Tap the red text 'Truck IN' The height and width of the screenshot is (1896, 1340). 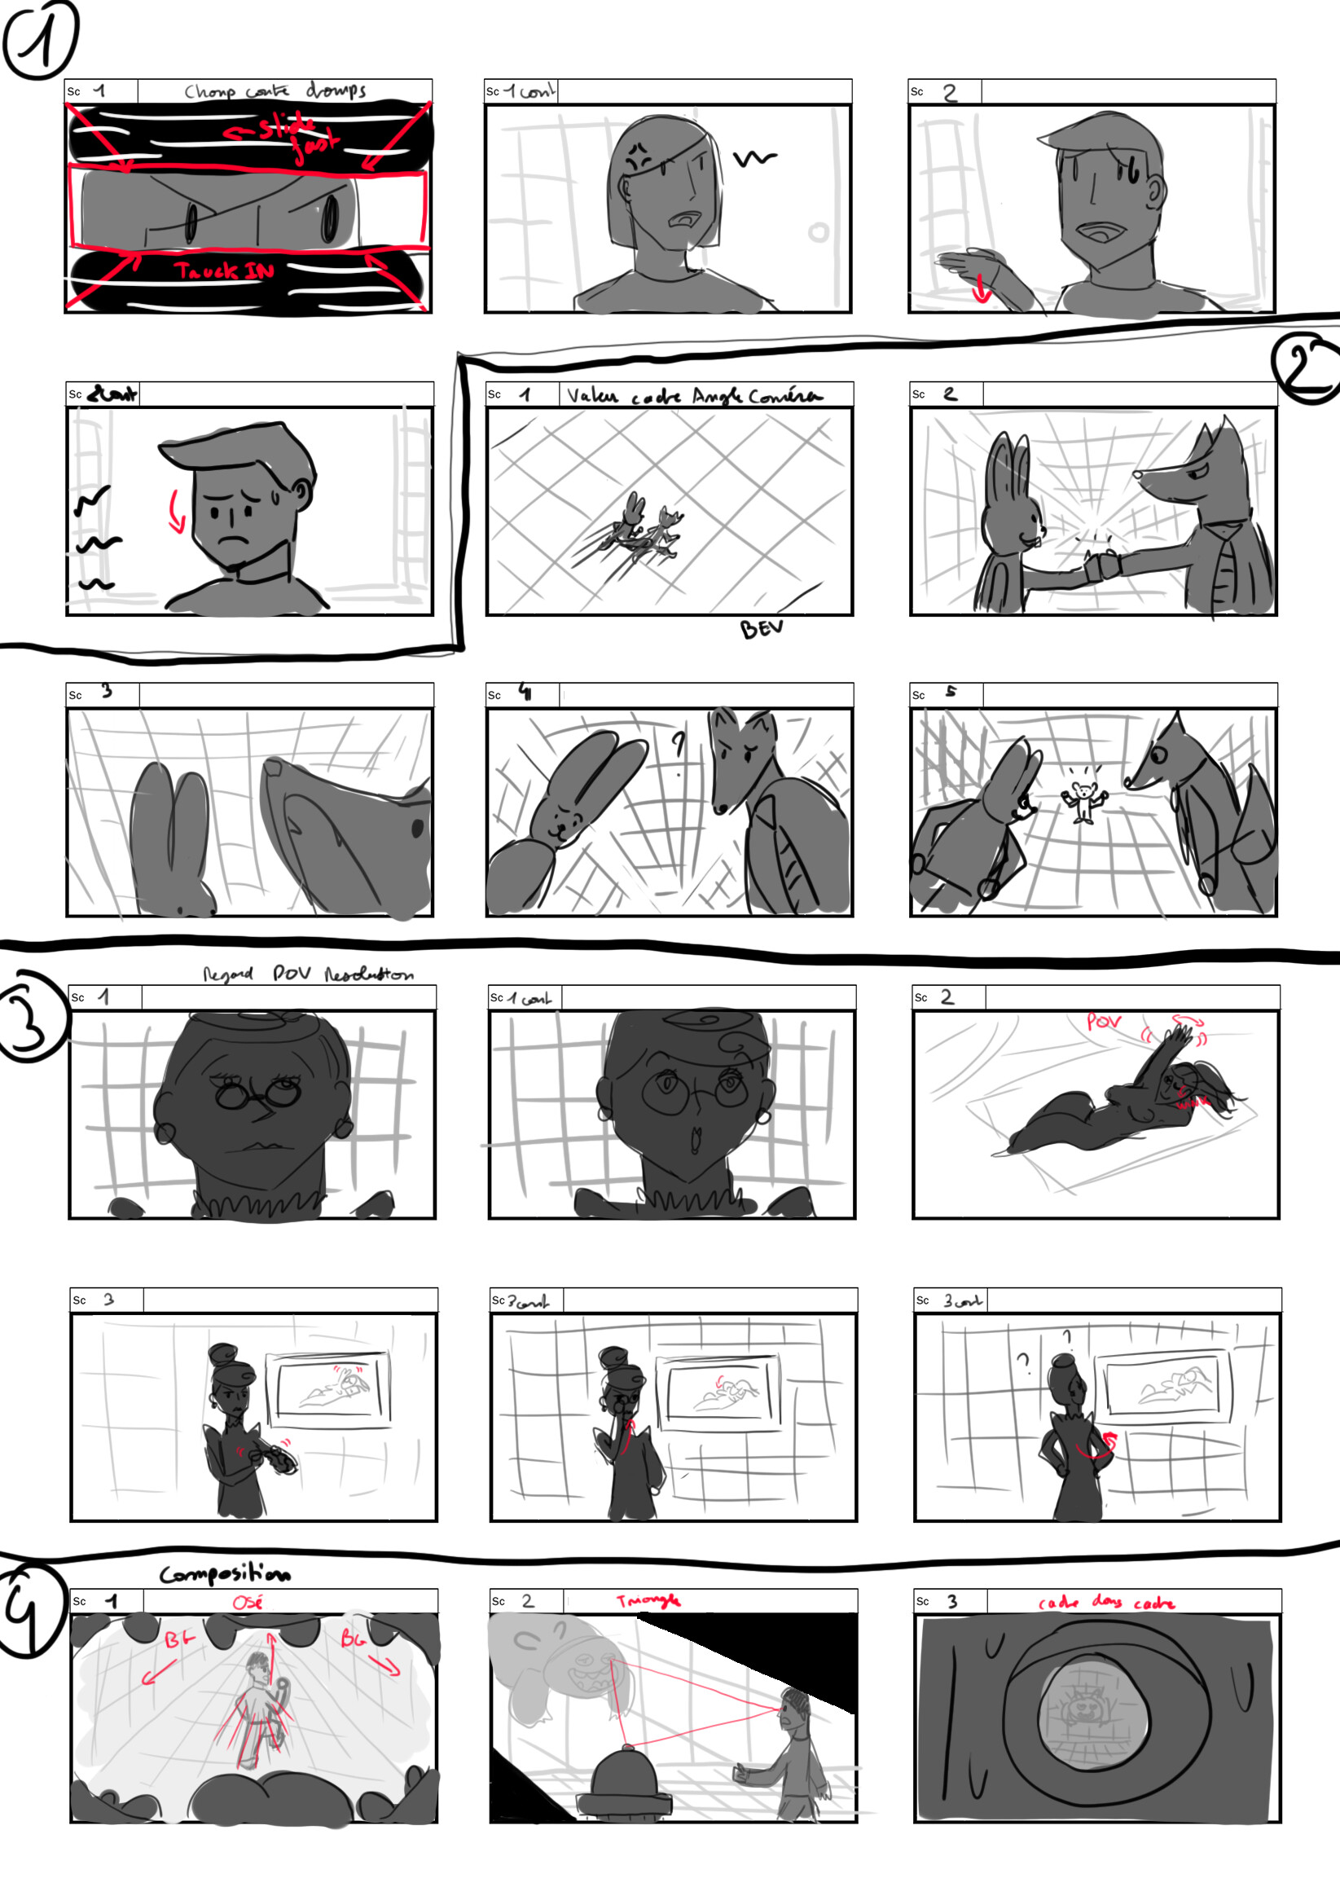[x=224, y=271]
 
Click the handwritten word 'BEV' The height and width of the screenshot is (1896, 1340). [x=760, y=629]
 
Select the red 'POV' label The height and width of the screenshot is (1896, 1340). [x=1104, y=1023]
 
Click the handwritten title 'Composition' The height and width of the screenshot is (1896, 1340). [x=225, y=1574]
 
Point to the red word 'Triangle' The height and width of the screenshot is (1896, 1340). [x=648, y=1601]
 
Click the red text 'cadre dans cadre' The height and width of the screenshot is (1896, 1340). [x=1106, y=1603]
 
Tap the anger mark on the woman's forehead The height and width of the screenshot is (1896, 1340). [x=636, y=155]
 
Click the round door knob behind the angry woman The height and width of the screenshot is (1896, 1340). [x=818, y=232]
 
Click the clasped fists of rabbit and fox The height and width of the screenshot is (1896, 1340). [x=1101, y=566]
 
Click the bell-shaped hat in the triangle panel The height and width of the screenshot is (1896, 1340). [x=625, y=1773]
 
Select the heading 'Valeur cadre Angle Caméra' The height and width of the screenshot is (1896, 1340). [x=693, y=395]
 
